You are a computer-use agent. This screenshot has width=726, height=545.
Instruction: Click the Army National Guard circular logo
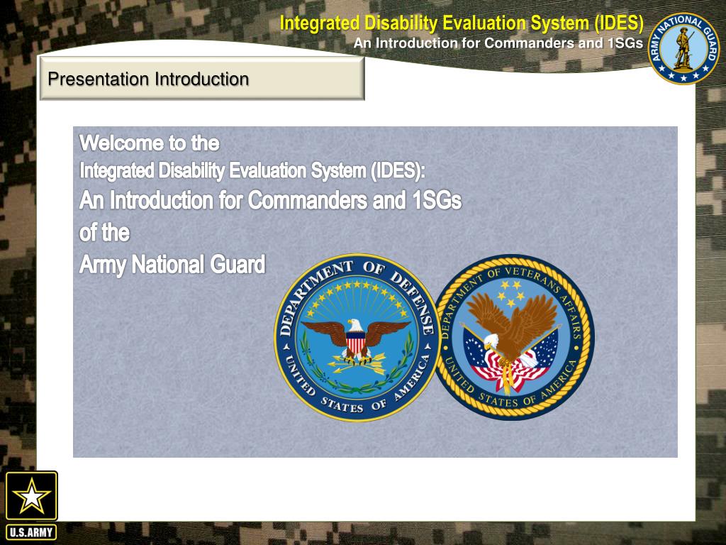click(x=683, y=48)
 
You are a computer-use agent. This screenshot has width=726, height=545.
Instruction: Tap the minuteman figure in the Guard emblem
click(x=683, y=48)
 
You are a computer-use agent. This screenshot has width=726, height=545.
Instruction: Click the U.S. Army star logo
click(x=31, y=495)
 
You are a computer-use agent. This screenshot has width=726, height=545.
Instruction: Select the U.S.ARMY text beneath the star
click(x=31, y=532)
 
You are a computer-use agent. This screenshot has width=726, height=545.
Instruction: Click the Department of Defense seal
click(x=357, y=337)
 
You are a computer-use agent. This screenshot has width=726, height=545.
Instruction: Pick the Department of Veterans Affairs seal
click(x=514, y=337)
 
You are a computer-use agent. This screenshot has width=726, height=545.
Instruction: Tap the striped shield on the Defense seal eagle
click(x=356, y=343)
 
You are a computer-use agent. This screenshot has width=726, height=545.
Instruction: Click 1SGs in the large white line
click(x=436, y=201)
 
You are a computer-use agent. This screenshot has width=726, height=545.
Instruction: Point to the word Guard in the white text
click(x=238, y=265)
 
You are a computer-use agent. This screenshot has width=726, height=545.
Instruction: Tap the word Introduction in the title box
click(x=202, y=79)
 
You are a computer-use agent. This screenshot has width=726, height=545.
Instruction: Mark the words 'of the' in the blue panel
click(x=104, y=233)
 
